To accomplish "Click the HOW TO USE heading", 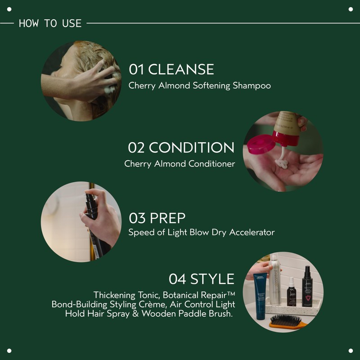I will tap(50, 23).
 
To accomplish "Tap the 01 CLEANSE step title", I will tap(171, 69).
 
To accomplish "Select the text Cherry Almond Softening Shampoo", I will tap(200, 85).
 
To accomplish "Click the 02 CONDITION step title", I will tap(181, 148).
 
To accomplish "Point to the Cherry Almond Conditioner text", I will tap(180, 164).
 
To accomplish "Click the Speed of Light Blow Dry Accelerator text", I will tap(201, 233).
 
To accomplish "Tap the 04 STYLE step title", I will tap(202, 279).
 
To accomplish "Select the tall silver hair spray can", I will tap(274, 279).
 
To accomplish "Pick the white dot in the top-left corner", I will tap(9, 9).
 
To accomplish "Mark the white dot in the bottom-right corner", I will tap(351, 351).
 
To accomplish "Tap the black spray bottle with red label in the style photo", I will tap(308, 285).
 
